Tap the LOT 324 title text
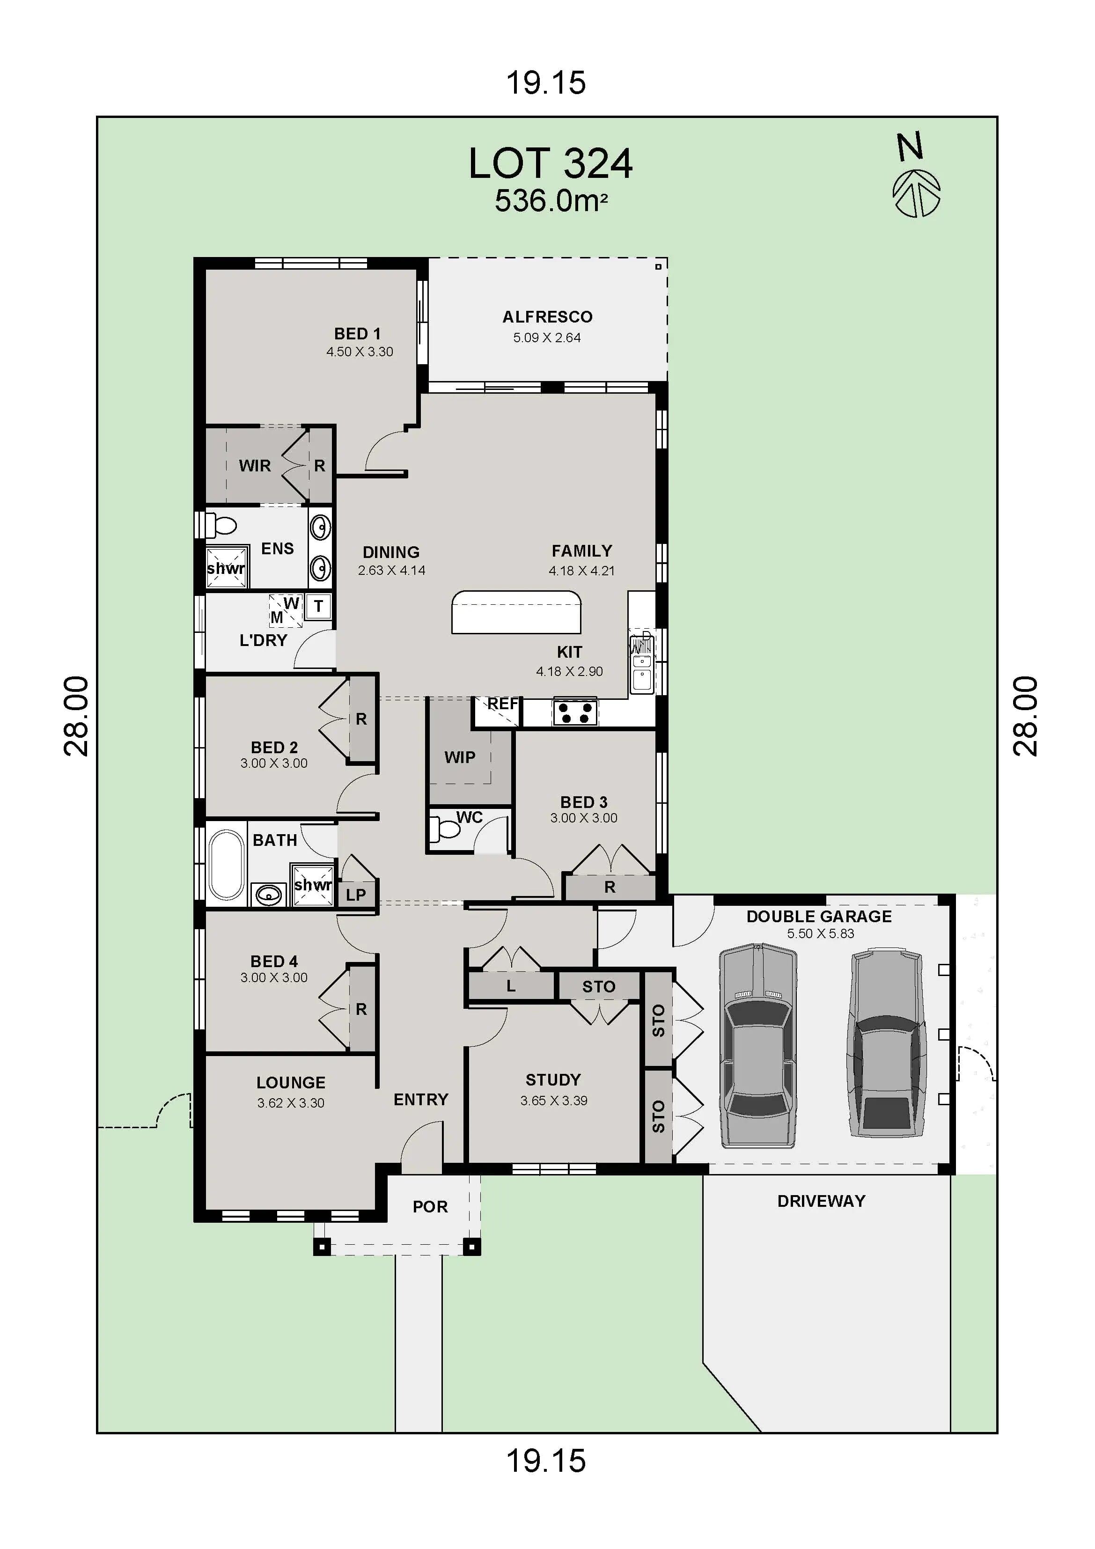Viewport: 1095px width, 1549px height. [x=550, y=164]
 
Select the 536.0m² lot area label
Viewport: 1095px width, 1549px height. [x=551, y=201]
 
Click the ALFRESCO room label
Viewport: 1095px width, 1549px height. [x=547, y=316]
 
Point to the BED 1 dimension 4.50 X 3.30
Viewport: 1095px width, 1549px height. [x=360, y=352]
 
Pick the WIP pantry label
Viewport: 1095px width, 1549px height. [x=459, y=757]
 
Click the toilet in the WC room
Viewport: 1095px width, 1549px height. [x=445, y=829]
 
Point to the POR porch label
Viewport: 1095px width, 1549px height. [x=430, y=1206]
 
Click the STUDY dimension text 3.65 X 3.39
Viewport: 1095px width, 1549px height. [x=553, y=1101]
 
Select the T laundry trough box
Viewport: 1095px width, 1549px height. [x=318, y=606]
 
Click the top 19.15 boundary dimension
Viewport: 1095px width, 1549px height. [x=546, y=82]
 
